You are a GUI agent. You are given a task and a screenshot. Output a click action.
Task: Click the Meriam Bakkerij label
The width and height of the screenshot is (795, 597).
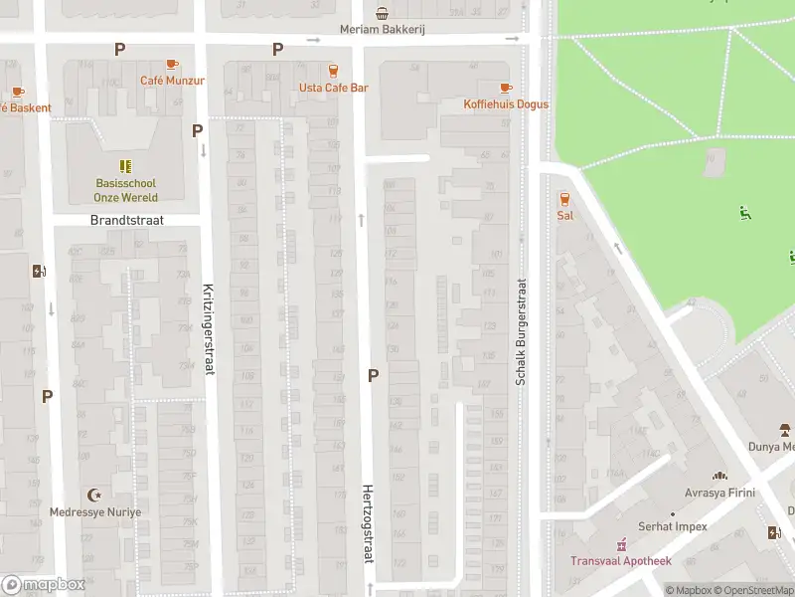[383, 30]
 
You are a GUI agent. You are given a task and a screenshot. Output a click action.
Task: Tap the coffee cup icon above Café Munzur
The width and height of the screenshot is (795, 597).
[172, 64]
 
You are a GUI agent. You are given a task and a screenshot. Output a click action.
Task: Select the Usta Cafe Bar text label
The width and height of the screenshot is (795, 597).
[333, 88]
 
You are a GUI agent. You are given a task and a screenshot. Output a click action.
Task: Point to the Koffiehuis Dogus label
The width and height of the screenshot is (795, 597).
[506, 104]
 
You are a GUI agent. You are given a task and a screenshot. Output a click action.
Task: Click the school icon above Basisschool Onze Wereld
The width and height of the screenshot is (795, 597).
[125, 166]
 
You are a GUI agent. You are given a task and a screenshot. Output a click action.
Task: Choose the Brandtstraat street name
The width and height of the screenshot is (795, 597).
[126, 220]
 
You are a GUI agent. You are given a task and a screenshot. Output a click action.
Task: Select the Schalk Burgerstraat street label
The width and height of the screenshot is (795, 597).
[520, 330]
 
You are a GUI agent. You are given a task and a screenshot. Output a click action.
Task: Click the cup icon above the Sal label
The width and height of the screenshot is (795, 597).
[564, 198]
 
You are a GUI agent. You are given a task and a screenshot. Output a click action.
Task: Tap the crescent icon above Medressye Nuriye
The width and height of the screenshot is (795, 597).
[95, 495]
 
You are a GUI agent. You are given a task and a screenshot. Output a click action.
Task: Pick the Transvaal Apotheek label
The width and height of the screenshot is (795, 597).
[621, 561]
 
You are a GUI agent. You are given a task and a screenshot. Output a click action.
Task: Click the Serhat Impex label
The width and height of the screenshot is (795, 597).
[673, 526]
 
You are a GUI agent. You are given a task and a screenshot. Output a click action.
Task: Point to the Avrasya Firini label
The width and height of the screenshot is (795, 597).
[719, 493]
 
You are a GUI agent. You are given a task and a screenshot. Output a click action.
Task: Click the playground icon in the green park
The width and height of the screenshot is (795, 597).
[744, 211]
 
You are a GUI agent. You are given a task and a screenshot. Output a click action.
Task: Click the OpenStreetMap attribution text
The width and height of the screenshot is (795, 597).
[750, 591]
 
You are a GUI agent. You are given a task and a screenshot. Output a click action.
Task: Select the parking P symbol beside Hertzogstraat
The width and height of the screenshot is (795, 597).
[374, 375]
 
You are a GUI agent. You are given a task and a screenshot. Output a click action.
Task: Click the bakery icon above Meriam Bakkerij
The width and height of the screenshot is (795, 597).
[383, 13]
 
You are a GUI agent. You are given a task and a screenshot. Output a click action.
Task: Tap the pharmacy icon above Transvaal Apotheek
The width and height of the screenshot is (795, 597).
[622, 544]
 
